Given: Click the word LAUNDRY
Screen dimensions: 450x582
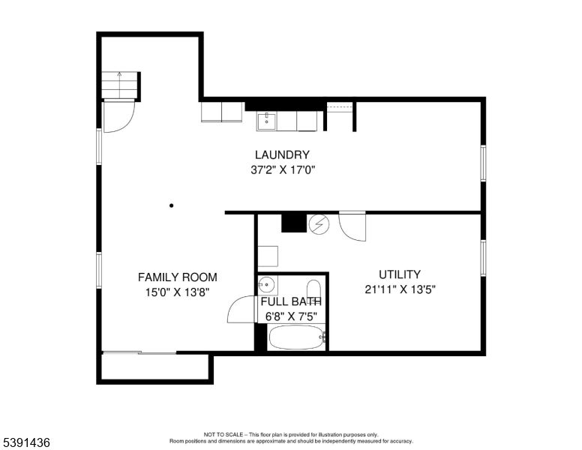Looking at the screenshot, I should [282, 155].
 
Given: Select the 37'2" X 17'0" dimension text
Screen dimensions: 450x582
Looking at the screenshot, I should [282, 170].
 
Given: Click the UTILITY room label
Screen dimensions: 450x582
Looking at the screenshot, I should [399, 274].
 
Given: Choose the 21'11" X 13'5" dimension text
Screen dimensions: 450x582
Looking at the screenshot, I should [399, 289].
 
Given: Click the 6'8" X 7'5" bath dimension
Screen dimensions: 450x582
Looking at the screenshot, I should [292, 316].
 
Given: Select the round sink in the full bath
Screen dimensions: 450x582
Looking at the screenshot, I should [266, 285].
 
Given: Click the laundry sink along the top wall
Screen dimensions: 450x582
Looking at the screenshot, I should [266, 120].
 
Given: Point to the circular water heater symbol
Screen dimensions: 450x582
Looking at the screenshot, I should [319, 223].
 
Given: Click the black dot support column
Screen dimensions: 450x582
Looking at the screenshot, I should [172, 205].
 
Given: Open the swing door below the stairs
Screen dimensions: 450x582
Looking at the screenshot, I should [118, 116].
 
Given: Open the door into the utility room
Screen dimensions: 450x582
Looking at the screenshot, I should [352, 226].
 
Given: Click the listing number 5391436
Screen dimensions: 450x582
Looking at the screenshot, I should [26, 442].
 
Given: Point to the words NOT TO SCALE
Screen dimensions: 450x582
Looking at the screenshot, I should [226, 434].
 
